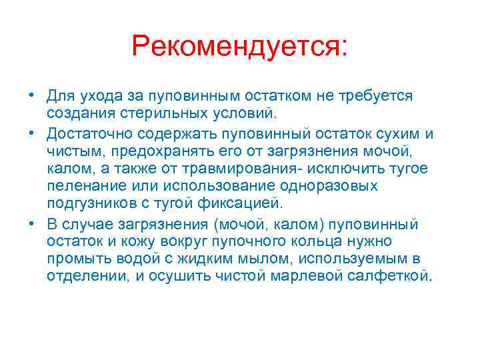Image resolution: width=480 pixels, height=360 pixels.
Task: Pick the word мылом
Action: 254,258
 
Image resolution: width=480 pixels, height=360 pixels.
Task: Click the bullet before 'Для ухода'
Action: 33,95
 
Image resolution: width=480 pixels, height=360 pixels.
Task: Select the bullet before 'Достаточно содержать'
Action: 33,133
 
